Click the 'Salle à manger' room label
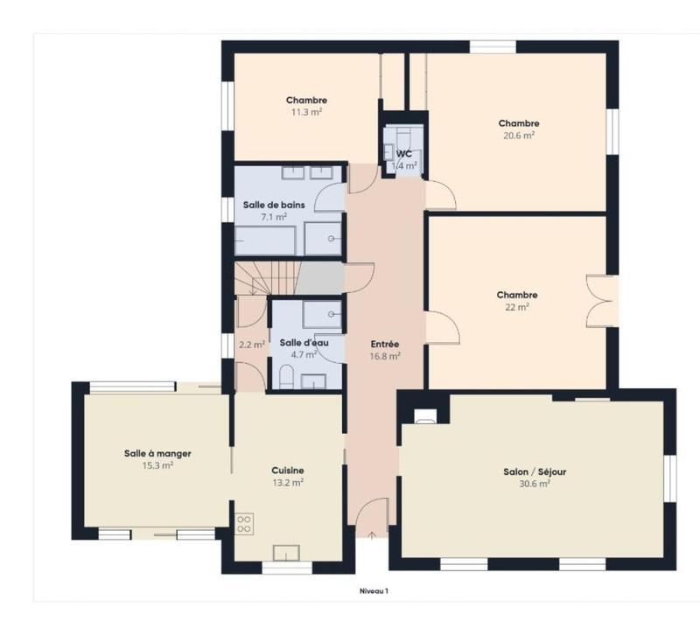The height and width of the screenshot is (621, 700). click(x=157, y=453)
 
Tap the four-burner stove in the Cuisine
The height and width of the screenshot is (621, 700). click(x=244, y=524)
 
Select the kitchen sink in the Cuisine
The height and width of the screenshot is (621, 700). click(x=287, y=552)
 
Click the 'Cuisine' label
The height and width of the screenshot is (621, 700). click(x=288, y=470)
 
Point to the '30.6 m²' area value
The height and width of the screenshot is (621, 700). click(x=534, y=484)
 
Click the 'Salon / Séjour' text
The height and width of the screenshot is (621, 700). click(x=534, y=471)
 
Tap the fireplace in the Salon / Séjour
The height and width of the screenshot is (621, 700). click(x=425, y=417)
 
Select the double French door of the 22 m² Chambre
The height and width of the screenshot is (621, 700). click(x=602, y=300)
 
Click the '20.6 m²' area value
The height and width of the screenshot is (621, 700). click(x=518, y=136)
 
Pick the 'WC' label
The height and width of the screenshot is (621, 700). click(x=403, y=153)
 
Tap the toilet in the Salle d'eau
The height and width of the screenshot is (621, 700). click(x=286, y=376)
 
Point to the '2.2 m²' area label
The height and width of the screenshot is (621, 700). click(x=252, y=344)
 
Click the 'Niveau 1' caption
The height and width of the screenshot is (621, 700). click(x=374, y=591)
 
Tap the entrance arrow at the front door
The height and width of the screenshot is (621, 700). click(x=372, y=534)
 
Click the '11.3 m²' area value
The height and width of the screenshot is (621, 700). click(x=306, y=112)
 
